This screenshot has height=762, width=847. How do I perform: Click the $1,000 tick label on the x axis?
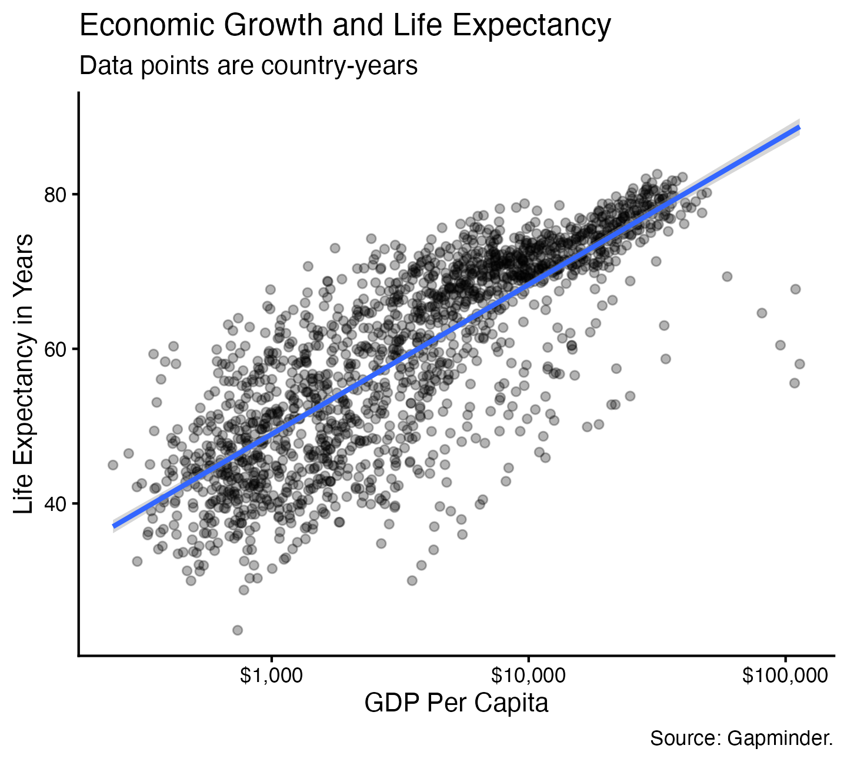[272, 677]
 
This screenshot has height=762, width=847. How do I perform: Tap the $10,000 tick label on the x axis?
[528, 677]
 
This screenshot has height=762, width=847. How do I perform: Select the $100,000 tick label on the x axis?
[785, 677]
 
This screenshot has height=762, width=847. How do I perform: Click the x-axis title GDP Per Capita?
[456, 703]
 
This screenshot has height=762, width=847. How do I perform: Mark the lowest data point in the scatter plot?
[238, 630]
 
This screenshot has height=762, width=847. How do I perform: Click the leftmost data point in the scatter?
[113, 465]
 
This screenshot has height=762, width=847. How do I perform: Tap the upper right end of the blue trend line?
[798, 127]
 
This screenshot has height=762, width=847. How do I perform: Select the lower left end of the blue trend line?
[114, 526]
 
